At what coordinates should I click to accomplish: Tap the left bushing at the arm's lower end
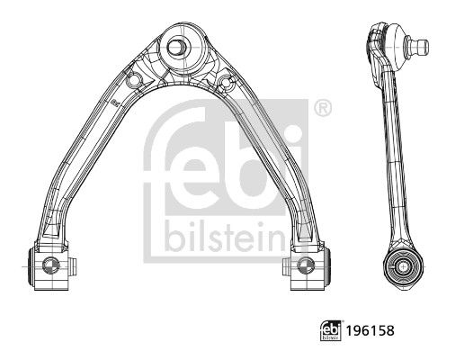point(50,265)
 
